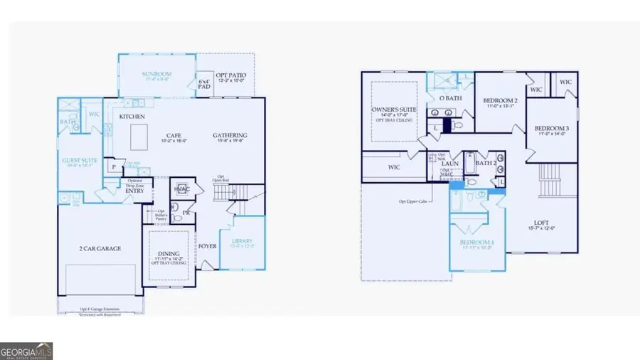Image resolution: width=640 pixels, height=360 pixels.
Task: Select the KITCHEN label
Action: [132, 116]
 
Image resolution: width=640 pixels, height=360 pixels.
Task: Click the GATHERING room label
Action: [230, 135]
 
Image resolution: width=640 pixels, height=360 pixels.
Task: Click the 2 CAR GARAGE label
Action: [100, 248]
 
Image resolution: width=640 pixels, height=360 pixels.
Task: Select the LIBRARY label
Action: [242, 242]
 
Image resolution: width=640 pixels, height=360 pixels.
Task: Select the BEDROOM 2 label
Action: [500, 101]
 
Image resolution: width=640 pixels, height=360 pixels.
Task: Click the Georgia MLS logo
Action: [26, 351]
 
